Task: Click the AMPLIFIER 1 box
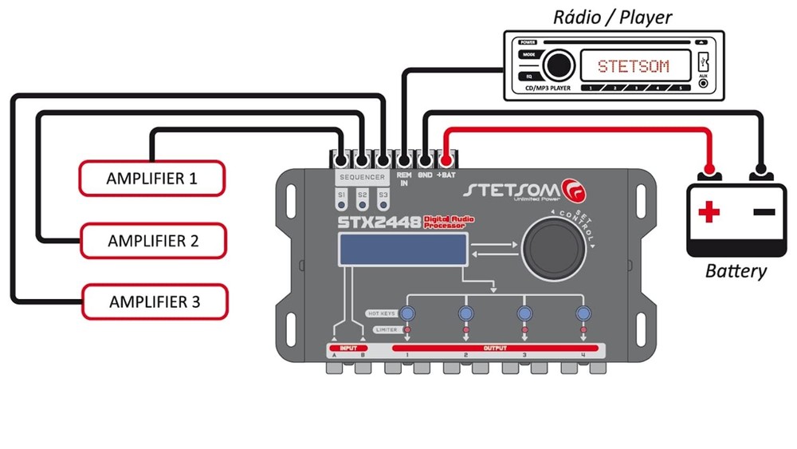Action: coord(151,178)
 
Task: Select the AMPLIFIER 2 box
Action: coord(152,240)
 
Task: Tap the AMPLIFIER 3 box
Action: coord(154,302)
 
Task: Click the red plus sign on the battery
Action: coord(709,212)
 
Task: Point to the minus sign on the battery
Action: coord(764,212)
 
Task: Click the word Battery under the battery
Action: coord(735,271)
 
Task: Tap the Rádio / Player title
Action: coord(613,17)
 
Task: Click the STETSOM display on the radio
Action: coord(633,65)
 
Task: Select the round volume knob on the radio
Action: coord(559,65)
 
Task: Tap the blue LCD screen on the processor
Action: coord(402,252)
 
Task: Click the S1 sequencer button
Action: coord(342,195)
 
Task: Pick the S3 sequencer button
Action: coord(383,195)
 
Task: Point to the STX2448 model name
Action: coord(379,222)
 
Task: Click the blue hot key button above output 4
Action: coord(583,313)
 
